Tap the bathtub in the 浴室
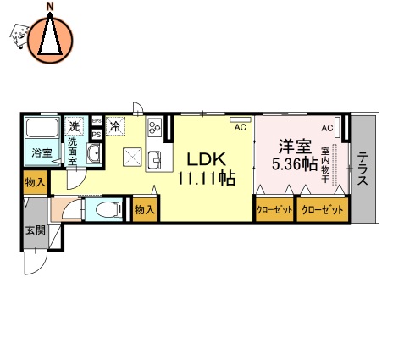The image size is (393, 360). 40,131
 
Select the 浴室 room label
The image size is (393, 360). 40,153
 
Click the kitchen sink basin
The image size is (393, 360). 155,159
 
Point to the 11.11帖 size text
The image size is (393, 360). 205,178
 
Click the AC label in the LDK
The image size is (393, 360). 240,127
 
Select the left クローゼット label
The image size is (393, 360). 274,210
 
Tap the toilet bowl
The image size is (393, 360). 105,210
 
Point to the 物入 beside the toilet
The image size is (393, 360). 144,210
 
